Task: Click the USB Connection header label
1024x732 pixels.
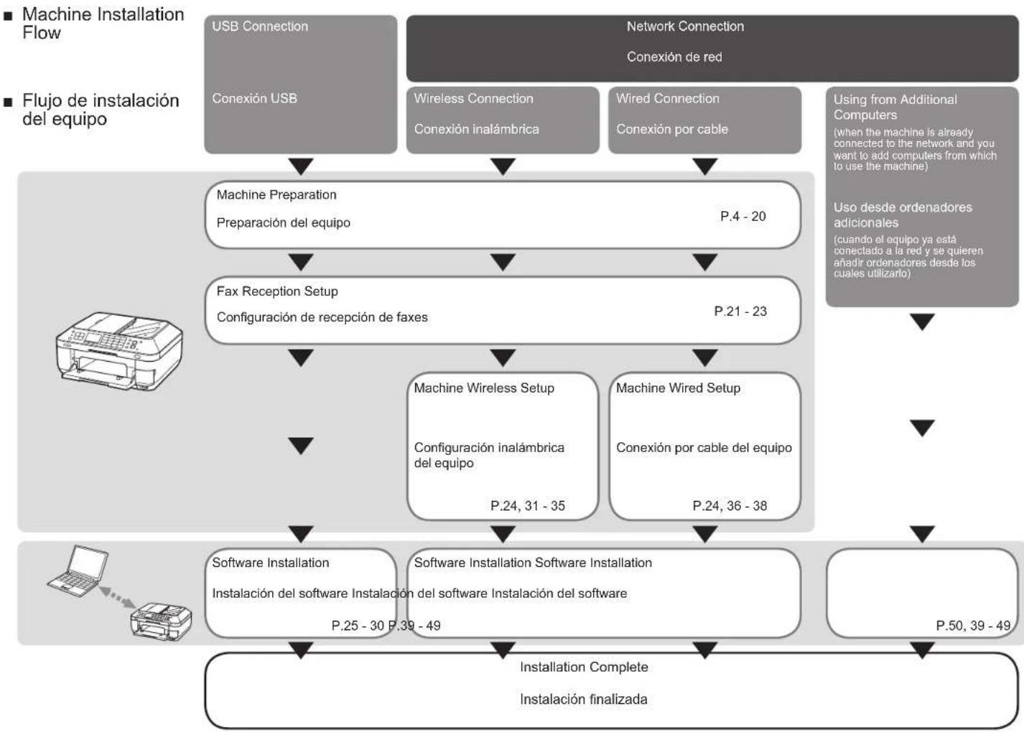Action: (260, 27)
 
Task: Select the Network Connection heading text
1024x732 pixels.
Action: (685, 27)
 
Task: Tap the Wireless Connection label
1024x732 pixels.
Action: (474, 98)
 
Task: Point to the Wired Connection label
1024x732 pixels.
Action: (667, 98)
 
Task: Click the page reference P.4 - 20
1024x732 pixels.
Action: (743, 216)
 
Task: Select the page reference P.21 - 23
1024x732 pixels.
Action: (740, 311)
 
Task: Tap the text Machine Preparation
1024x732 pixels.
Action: (276, 194)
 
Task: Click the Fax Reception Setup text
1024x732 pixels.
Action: (277, 291)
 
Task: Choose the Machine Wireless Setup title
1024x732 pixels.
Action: (484, 388)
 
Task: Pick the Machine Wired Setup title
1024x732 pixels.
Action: (678, 388)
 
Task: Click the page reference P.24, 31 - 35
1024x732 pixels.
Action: (528, 506)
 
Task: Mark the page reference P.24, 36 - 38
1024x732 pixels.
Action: (730, 506)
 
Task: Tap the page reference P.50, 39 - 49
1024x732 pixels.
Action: (973, 626)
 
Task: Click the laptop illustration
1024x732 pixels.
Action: (78, 571)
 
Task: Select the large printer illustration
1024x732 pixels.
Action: (119, 351)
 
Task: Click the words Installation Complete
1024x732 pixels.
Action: (584, 667)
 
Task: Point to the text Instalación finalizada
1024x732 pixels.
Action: (583, 699)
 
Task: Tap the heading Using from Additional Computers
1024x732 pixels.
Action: (895, 107)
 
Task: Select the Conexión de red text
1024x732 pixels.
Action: (674, 57)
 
